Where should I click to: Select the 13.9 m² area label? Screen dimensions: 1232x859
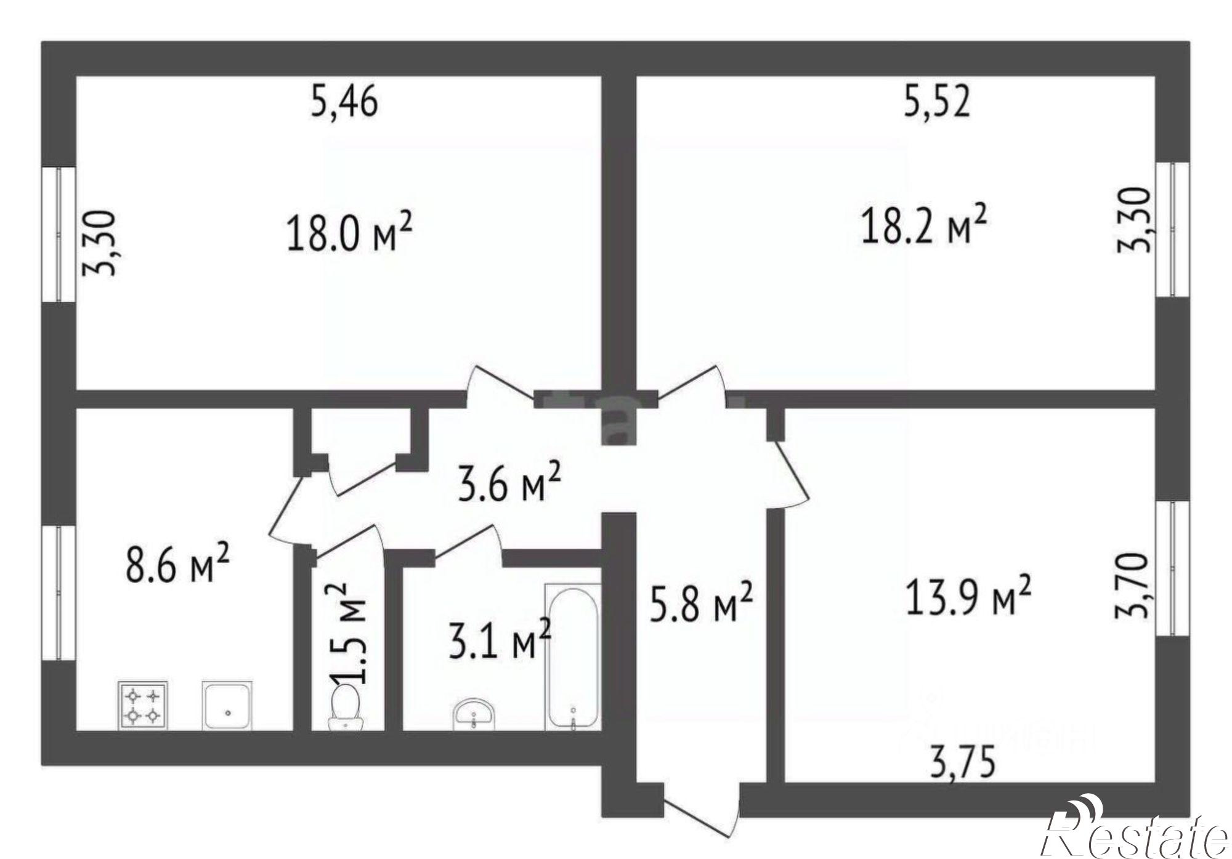pos(968,595)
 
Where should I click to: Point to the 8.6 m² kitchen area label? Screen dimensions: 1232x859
pos(178,562)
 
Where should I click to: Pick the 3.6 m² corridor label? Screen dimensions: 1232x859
pos(509,481)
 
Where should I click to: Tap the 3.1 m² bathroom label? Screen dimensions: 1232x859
pos(500,639)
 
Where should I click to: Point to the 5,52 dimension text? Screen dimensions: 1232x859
pos(937,101)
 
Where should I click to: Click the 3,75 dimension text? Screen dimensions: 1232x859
pos(962,764)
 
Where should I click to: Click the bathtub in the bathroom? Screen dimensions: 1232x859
pos(572,656)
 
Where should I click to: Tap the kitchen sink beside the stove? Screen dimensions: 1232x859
pos(227,705)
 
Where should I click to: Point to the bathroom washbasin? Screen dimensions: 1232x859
pos(473,715)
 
